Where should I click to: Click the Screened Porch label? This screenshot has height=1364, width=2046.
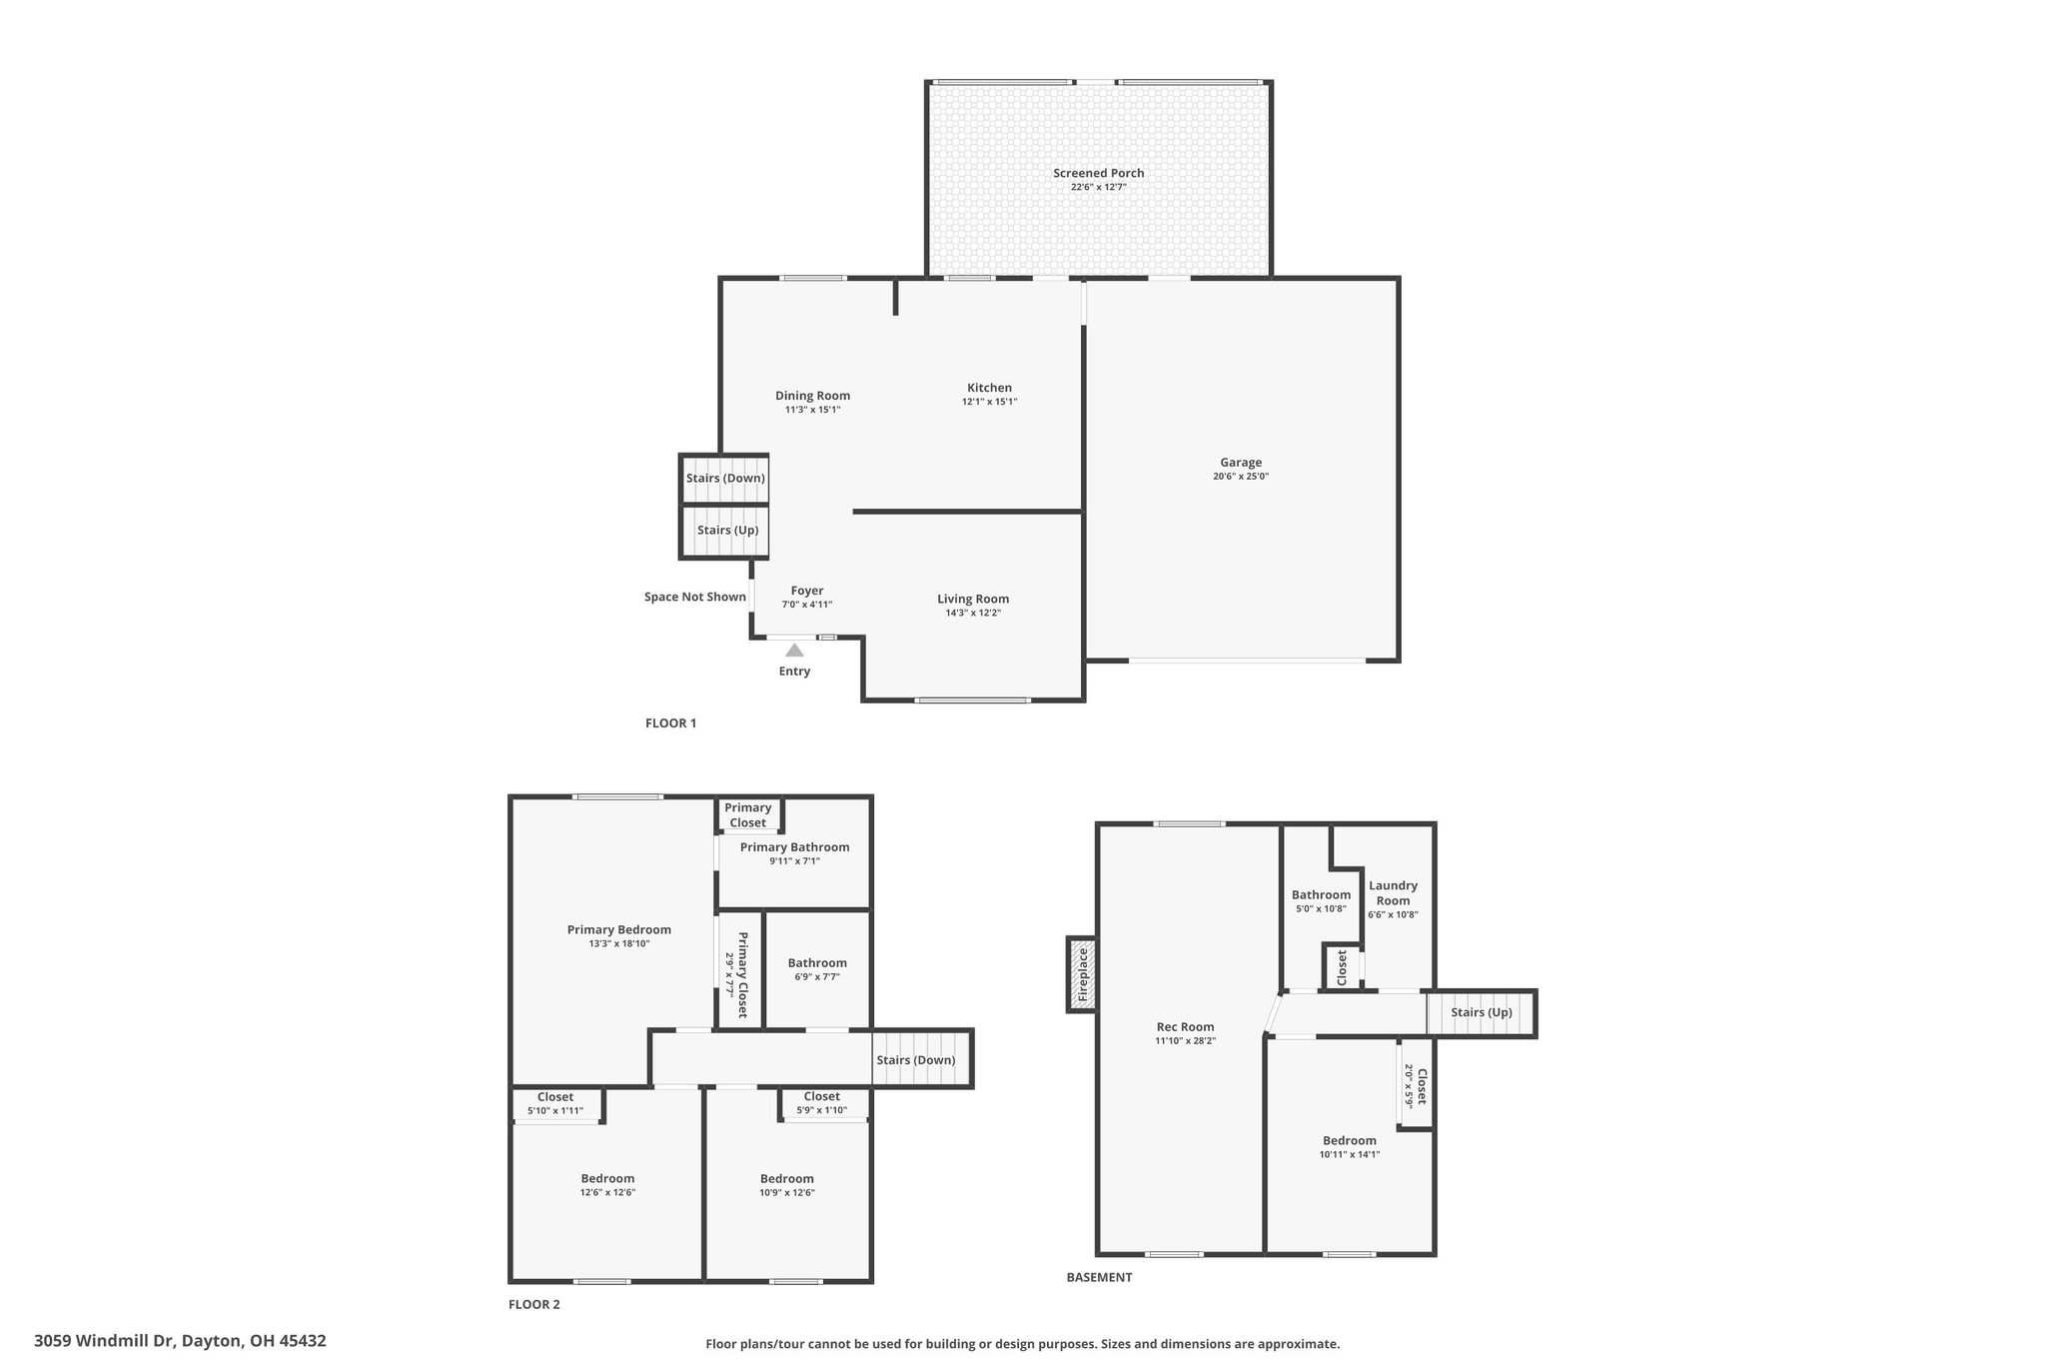1098,173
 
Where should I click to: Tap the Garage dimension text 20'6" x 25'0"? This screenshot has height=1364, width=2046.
1241,477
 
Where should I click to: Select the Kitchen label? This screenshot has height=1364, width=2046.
989,388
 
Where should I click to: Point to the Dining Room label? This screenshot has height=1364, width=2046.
812,396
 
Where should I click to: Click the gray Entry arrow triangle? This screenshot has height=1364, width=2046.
794,651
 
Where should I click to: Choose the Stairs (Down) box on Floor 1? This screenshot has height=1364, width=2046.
725,479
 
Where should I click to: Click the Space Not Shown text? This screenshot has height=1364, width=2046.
695,598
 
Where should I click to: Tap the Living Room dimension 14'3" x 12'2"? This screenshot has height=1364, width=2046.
973,613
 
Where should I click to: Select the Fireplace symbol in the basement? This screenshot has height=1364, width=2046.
1082,974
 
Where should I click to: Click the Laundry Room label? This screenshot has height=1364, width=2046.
1393,892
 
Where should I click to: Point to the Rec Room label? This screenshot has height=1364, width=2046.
1185,1026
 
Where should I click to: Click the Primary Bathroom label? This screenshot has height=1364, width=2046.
794,847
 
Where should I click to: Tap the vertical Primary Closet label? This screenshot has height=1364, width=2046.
742,975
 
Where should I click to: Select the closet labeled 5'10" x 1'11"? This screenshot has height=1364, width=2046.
555,1104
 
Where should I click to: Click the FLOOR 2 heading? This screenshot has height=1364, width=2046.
534,1304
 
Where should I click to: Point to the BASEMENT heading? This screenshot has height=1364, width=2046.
1099,1277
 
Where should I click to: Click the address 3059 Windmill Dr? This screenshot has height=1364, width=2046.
104,1341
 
